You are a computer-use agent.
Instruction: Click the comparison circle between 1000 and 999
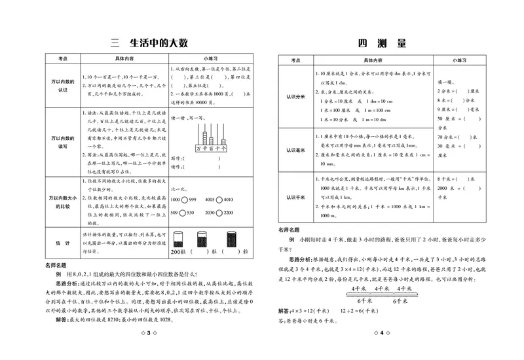click(185, 199)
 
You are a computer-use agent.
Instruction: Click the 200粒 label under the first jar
click(179, 251)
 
